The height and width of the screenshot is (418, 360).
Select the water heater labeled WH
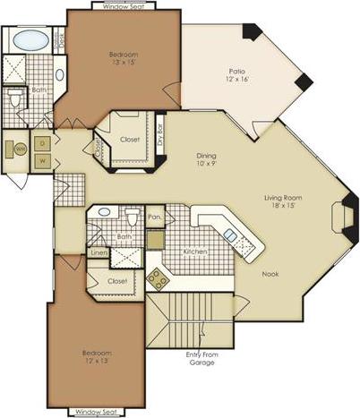[17, 149]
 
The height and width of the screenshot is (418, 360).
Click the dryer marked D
[42, 143]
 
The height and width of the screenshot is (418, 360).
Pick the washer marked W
[42, 160]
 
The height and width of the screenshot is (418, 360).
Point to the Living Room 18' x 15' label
[286, 202]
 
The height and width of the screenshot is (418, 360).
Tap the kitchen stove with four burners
[158, 278]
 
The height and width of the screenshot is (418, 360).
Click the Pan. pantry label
[155, 217]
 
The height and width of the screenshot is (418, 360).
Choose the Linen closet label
[98, 253]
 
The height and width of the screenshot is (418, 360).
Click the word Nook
[270, 275]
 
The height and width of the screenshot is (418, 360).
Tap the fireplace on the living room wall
[342, 217]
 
